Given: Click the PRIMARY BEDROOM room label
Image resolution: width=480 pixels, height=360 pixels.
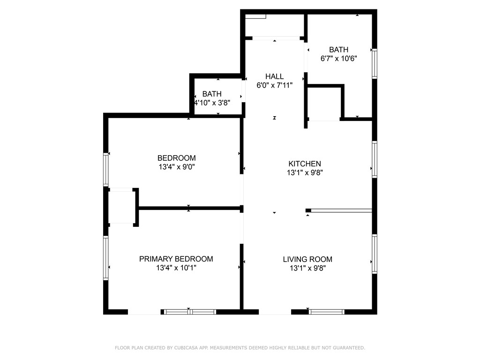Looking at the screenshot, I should pyautogui.click(x=176, y=259).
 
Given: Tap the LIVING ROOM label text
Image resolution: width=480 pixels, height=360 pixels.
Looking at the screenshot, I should pyautogui.click(x=307, y=259).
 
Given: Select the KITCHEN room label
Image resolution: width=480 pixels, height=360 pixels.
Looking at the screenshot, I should pyautogui.click(x=305, y=164).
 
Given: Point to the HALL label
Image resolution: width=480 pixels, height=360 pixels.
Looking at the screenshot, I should pyautogui.click(x=274, y=76).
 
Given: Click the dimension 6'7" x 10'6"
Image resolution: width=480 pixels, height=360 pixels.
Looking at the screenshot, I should pyautogui.click(x=338, y=59).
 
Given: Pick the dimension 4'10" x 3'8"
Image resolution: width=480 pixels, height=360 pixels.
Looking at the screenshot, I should pyautogui.click(x=212, y=103).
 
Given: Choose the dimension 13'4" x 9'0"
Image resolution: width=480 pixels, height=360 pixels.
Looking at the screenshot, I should pyautogui.click(x=176, y=167).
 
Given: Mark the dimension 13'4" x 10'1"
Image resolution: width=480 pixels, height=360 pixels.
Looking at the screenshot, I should pyautogui.click(x=176, y=268).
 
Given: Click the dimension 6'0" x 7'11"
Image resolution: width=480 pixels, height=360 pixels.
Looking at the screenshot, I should pyautogui.click(x=274, y=85).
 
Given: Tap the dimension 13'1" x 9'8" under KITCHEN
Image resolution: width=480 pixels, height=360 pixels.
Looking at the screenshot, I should pyautogui.click(x=305, y=172).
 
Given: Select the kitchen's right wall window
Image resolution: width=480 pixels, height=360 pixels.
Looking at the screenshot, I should pyautogui.click(x=374, y=159).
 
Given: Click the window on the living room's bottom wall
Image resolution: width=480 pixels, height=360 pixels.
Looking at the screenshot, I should pyautogui.click(x=327, y=312).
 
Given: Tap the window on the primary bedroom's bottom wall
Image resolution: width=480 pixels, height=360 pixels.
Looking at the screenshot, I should pyautogui.click(x=189, y=312).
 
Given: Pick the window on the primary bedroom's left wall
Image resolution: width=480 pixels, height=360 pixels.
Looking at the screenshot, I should pyautogui.click(x=106, y=258).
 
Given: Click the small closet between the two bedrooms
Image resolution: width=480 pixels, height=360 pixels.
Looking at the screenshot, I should pyautogui.click(x=121, y=207).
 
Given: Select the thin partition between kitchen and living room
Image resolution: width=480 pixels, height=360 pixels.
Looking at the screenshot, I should pyautogui.click(x=341, y=210).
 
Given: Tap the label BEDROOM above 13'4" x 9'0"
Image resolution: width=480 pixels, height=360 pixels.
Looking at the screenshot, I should pyautogui.click(x=176, y=158).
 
